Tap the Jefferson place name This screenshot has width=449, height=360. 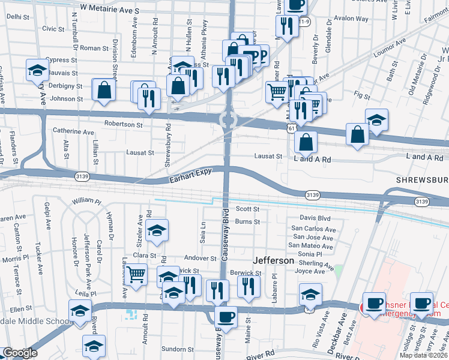(x=274, y=261)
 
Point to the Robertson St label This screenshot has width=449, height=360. (x=123, y=125)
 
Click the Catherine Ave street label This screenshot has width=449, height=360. (x=74, y=131)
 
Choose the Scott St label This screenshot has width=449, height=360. (x=247, y=209)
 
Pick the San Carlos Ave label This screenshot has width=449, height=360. (x=313, y=229)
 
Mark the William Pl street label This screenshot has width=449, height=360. (x=88, y=200)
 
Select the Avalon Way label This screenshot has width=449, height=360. (x=351, y=19)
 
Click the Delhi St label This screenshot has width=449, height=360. (x=19, y=17)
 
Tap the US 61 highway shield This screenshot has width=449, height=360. (x=291, y=128)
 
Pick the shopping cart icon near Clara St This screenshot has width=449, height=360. (x=137, y=275)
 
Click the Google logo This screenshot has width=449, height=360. (x=20, y=353)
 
